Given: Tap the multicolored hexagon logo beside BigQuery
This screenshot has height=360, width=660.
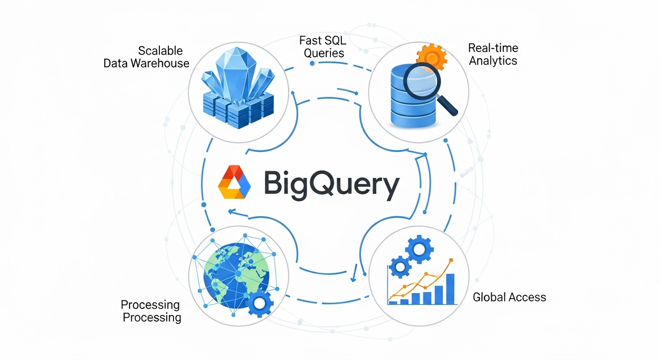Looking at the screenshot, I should coord(235,183).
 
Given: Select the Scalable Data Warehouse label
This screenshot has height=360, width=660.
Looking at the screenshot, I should coord(146,57).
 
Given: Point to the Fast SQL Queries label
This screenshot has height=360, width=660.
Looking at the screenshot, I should coord(324,46).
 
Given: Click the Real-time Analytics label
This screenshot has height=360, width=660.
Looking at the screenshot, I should coord(493,54).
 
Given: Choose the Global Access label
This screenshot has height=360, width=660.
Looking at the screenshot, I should coord(509,297).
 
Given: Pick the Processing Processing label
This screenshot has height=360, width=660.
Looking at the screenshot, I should coord(150,311).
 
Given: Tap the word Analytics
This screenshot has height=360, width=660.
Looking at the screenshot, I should coord(493,61).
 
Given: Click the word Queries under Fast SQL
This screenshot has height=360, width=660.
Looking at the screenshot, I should coord(324,53).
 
